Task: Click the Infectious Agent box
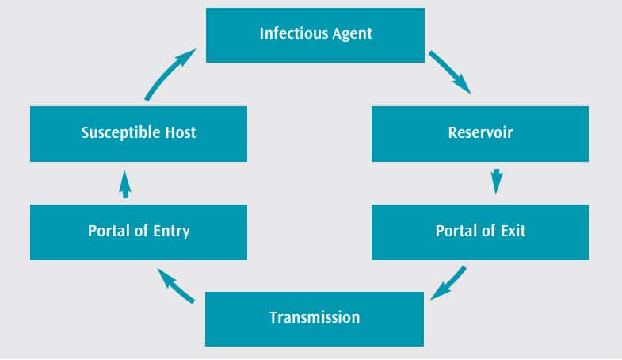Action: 315,36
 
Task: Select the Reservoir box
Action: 480,134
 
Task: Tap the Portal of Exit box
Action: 480,232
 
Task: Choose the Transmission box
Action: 315,319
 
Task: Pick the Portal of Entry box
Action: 139,232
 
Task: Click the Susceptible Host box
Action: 139,134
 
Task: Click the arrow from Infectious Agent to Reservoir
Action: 450,72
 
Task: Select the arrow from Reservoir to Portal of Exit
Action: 497,182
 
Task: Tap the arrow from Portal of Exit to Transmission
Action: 448,283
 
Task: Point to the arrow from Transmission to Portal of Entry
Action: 176,285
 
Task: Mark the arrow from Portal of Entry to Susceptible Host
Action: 125,185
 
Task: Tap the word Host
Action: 180,132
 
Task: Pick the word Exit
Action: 513,231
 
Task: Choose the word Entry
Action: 171,232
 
